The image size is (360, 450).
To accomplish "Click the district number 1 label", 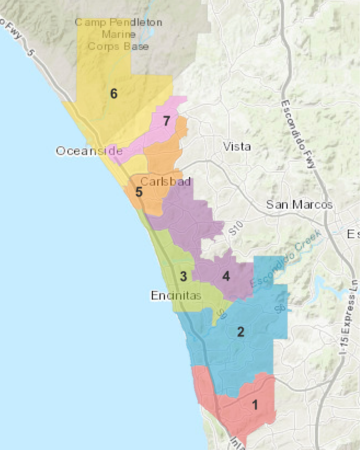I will click(255, 405).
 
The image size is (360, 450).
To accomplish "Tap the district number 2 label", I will click(241, 332).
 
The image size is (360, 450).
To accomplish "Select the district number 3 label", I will click(183, 276).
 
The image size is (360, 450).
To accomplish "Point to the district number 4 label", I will click(226, 276).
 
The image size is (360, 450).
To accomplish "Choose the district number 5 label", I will click(139, 192).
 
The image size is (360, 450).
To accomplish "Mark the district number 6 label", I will click(114, 94).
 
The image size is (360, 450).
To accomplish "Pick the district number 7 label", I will click(167, 121).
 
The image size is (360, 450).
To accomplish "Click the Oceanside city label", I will click(89, 151).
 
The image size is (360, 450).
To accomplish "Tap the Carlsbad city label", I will click(165, 182).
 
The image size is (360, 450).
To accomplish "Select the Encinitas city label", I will click(176, 295).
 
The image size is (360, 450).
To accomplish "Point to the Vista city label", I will click(237, 146).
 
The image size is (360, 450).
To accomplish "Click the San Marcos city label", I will click(299, 204).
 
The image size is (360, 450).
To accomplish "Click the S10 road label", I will click(236, 228).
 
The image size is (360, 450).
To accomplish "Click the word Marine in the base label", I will click(119, 34).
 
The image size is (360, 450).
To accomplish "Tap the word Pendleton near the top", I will click(136, 22).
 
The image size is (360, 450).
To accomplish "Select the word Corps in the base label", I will click(100, 46).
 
